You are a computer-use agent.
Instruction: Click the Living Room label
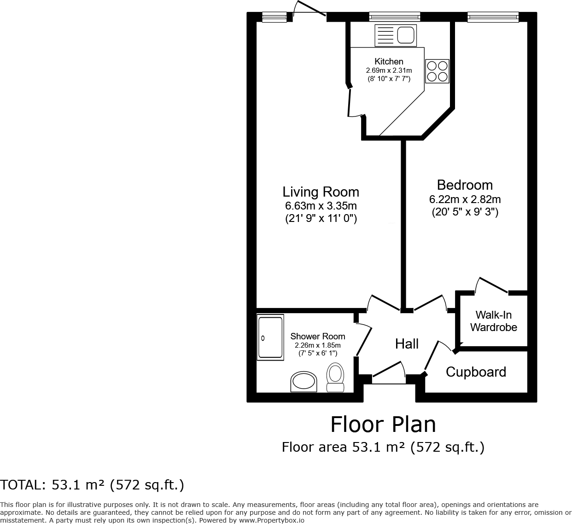coord(321,192)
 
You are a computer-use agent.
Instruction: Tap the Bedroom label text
coord(465,185)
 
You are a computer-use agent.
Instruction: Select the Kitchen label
coord(389,61)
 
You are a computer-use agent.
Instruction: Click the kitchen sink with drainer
coord(396,35)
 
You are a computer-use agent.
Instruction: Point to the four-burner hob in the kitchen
coord(437,71)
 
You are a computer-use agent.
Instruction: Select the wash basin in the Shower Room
coord(304,382)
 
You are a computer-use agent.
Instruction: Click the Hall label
coord(407,344)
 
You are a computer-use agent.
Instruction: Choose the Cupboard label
coord(476,372)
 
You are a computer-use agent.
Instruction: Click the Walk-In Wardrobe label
coord(494,321)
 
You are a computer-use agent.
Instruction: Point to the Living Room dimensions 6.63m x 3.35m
coord(321,206)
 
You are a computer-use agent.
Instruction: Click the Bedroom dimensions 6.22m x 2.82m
coord(465,199)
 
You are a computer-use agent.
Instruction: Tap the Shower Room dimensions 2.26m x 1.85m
coord(317,345)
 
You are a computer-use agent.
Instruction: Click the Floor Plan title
coord(383,424)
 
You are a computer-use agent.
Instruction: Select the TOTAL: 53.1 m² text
coord(92,485)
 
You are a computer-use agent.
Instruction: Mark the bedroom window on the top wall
coord(493,17)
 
